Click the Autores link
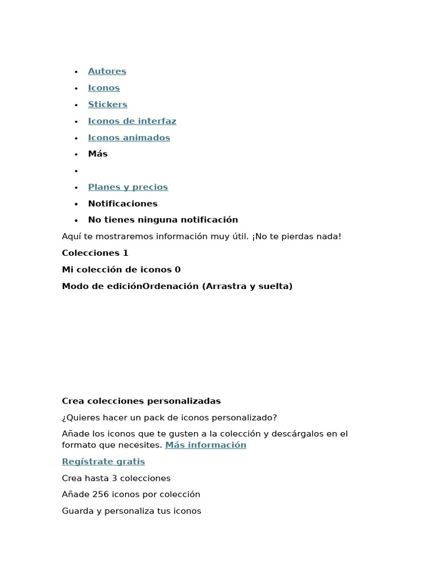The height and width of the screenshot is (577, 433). click(x=107, y=71)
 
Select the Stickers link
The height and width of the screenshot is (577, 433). click(x=108, y=104)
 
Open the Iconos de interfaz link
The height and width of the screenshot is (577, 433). click(x=132, y=121)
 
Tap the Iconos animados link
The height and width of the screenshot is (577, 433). click(x=129, y=137)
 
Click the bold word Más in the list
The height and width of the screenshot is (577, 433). click(x=98, y=154)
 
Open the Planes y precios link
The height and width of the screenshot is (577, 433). click(x=128, y=187)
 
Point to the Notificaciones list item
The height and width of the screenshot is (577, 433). click(x=122, y=203)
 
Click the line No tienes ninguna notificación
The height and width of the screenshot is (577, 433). click(x=163, y=220)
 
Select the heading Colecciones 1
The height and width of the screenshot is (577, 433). click(x=95, y=253)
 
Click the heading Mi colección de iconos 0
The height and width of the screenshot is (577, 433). click(x=121, y=269)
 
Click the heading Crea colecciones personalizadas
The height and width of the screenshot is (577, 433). click(x=141, y=401)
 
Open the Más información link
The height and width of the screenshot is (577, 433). click(x=206, y=445)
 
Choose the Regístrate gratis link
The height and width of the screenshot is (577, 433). click(x=103, y=461)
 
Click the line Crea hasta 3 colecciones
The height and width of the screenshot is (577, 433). click(x=116, y=478)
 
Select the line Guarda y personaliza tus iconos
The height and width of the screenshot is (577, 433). click(x=131, y=511)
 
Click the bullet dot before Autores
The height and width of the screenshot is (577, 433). click(x=76, y=72)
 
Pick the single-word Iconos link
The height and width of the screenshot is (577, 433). click(x=104, y=88)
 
